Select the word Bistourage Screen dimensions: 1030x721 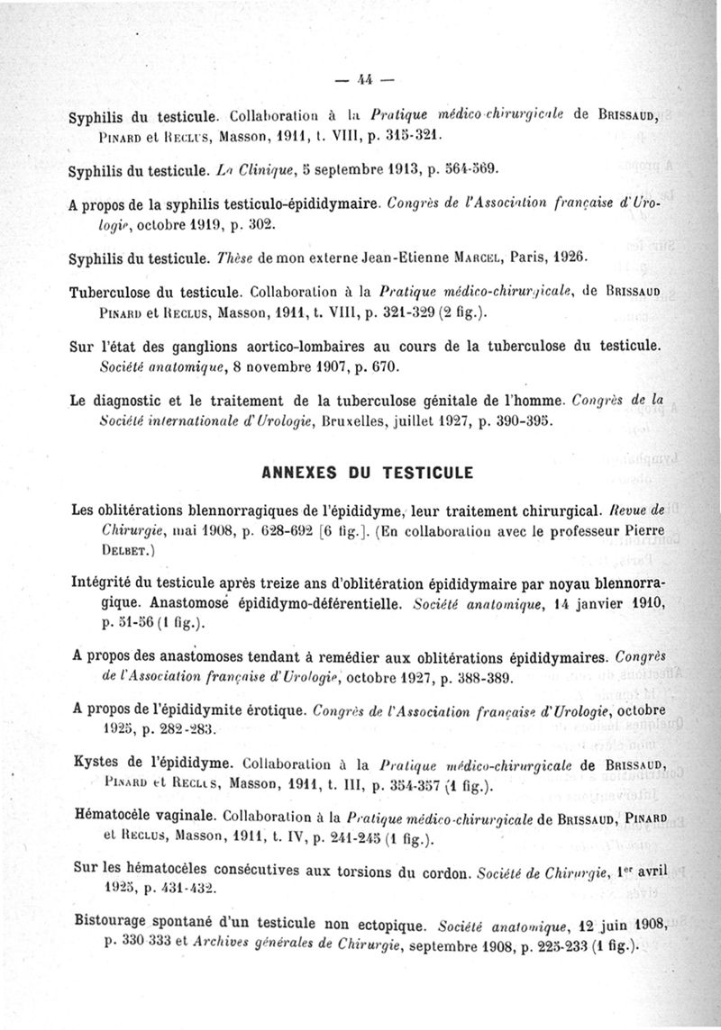(x=114, y=926)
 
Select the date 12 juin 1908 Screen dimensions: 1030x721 (x=610, y=926)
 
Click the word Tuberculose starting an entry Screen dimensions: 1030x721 (x=113, y=292)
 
